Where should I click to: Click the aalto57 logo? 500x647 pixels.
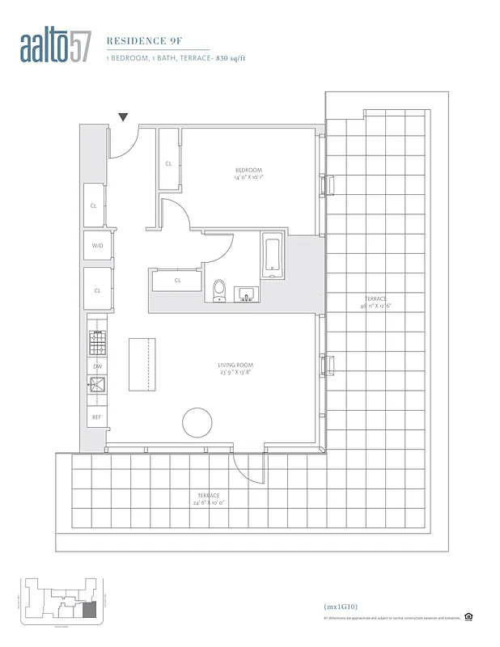(57, 49)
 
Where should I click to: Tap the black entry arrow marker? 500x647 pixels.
(123, 117)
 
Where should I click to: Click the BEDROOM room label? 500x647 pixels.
(248, 170)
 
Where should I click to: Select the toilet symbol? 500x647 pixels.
(218, 291)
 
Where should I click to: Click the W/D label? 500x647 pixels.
(96, 245)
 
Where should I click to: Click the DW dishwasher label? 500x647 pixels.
(96, 366)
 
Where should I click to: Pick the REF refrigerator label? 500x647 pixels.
(96, 417)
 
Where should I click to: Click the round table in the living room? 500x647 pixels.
(197, 422)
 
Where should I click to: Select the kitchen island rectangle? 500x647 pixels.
(142, 366)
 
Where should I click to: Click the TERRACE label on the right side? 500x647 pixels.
(375, 299)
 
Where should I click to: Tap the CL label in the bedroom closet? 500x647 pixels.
(168, 163)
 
